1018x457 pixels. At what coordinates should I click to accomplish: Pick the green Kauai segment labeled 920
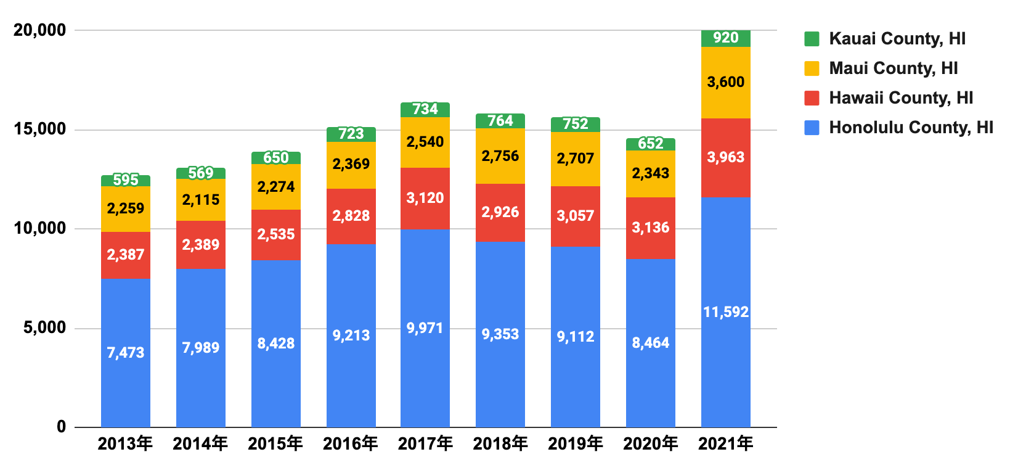pos(725,38)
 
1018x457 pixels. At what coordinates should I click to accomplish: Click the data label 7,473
pos(125,353)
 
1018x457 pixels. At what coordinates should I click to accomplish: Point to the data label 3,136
pos(650,228)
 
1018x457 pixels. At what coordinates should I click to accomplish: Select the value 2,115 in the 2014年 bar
pos(200,200)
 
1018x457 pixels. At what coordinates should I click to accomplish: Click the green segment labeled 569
pos(200,173)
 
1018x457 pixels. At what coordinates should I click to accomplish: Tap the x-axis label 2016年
pos(350,443)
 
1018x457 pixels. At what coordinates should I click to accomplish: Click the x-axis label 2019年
pos(575,443)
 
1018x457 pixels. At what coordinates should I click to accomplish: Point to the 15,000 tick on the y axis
pos(39,130)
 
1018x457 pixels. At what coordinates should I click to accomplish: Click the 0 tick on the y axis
pos(61,427)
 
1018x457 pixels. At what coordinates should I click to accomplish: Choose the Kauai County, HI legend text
pos(897,39)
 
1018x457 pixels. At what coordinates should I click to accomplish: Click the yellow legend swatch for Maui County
pos(812,68)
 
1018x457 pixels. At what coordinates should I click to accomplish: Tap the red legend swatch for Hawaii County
pos(812,98)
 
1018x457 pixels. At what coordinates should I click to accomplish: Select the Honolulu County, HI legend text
pos(911,128)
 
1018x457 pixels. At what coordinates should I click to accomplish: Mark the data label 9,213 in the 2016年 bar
pos(351,336)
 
